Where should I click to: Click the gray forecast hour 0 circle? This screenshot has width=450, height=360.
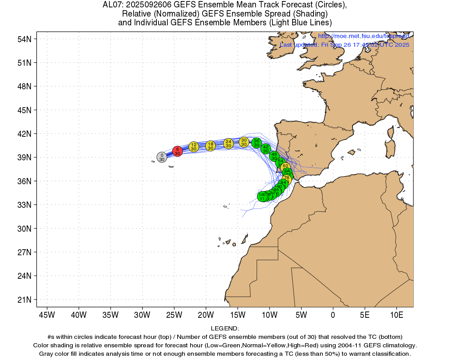162,157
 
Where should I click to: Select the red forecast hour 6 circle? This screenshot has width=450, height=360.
178,151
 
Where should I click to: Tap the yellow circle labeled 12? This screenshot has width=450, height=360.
194,147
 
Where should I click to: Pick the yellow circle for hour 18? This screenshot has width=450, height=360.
210,146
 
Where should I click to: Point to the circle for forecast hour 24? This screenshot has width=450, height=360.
229,143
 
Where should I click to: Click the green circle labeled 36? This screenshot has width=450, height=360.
257,143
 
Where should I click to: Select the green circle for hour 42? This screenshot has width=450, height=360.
266,149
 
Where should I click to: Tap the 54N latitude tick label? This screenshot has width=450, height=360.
25,39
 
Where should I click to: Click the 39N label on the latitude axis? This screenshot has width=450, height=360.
25,157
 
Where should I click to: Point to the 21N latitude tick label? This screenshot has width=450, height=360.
25,300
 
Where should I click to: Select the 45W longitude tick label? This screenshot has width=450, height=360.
47,315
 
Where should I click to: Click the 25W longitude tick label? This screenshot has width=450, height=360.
174,315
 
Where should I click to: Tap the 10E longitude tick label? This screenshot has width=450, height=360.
397,315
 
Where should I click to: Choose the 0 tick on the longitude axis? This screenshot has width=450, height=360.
333,315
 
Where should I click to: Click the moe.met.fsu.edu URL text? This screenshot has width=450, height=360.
364,36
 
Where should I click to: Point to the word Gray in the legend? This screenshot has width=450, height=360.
47,354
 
